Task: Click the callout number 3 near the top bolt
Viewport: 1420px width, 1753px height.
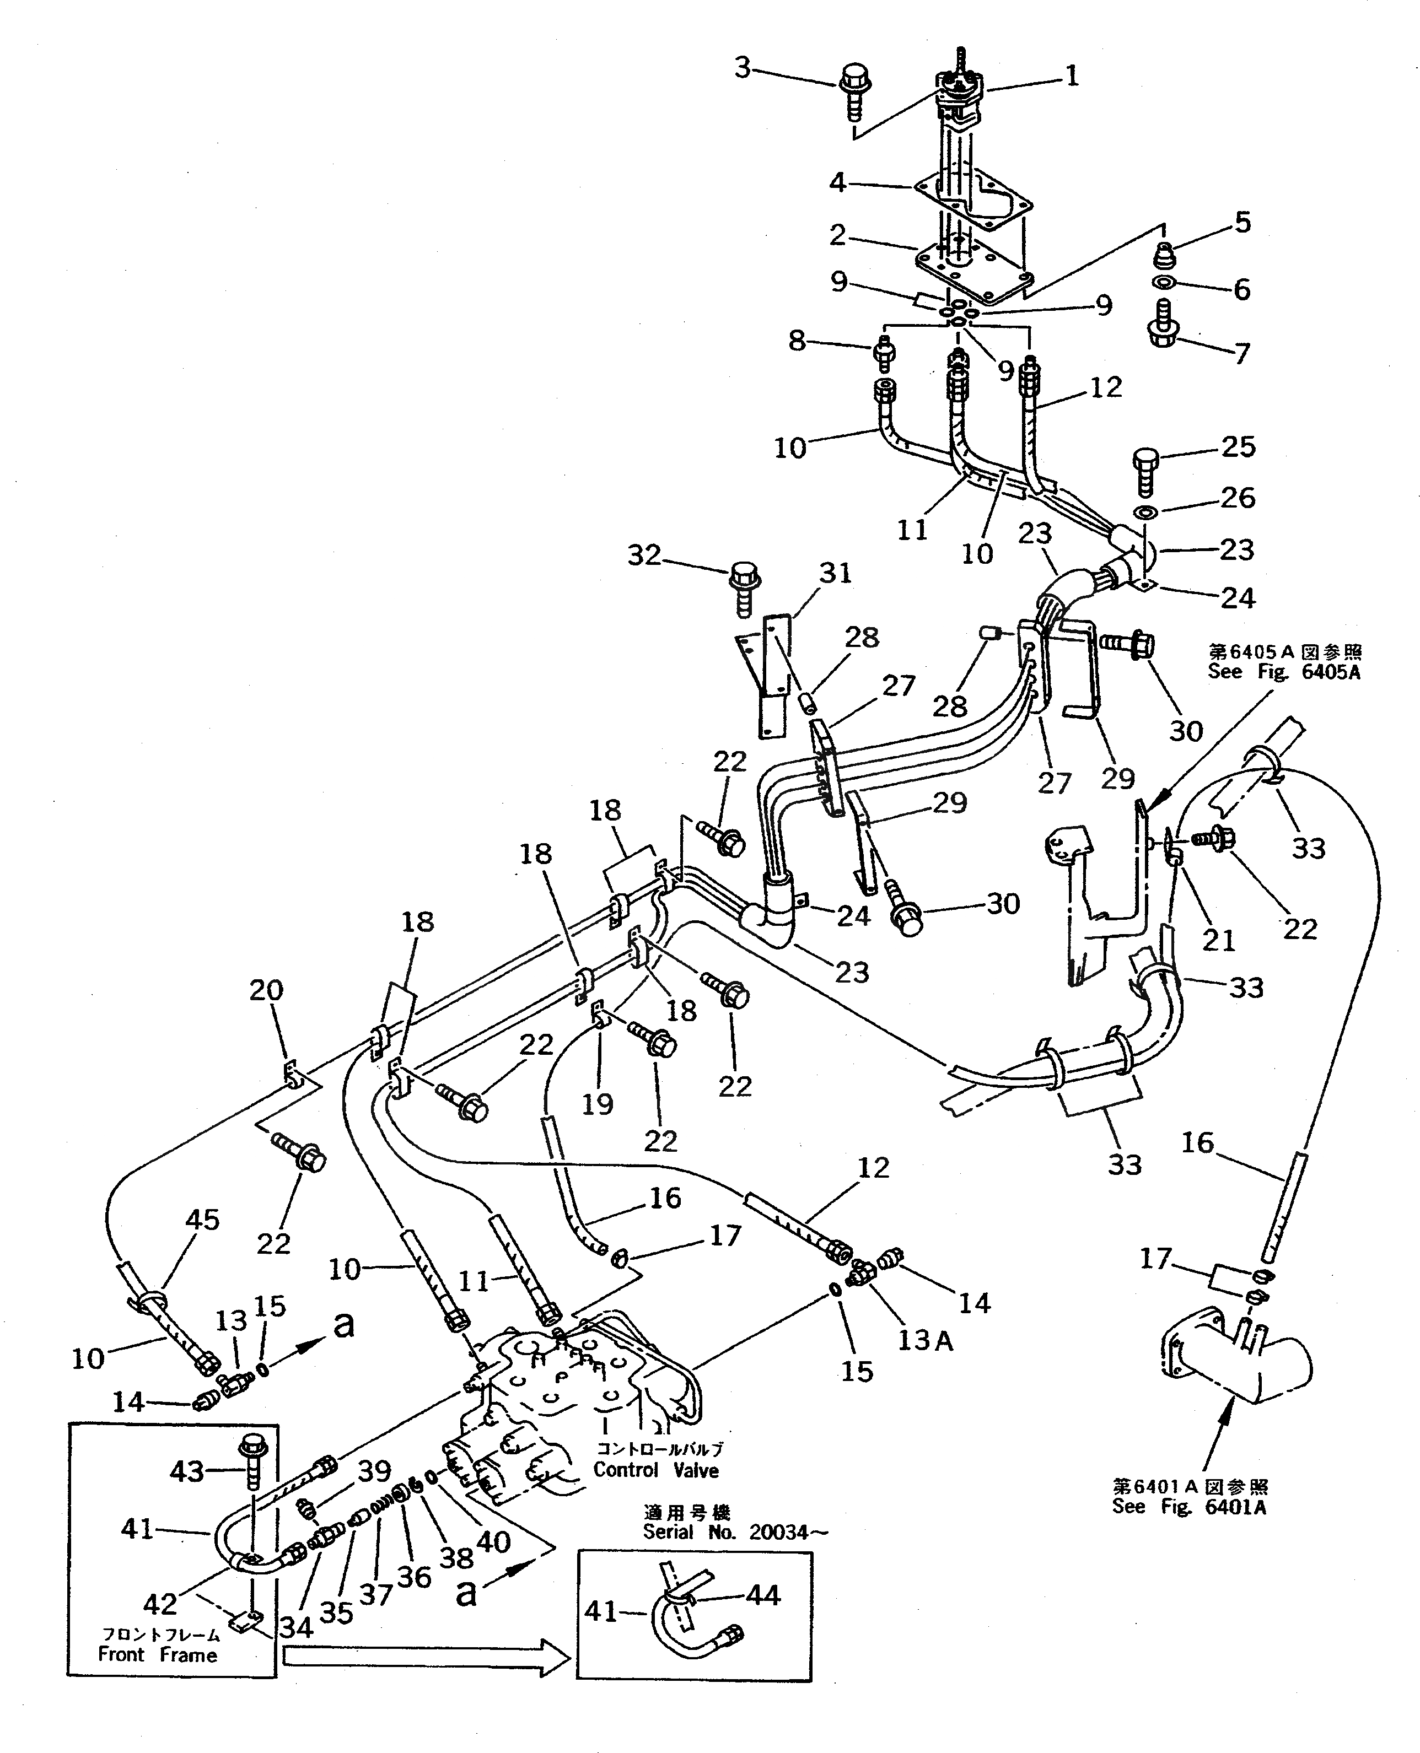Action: (x=742, y=68)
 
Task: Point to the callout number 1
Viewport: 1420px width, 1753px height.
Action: (x=1072, y=77)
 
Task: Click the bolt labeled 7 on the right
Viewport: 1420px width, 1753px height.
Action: (x=1163, y=326)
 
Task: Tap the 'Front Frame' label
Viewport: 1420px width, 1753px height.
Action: (x=158, y=1655)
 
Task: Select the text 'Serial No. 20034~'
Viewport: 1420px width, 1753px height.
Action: (x=734, y=1532)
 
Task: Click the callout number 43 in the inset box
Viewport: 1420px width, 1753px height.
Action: (x=186, y=1472)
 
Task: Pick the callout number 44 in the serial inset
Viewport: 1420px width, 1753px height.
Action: (x=763, y=1595)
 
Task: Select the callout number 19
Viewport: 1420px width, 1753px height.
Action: (x=597, y=1104)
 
